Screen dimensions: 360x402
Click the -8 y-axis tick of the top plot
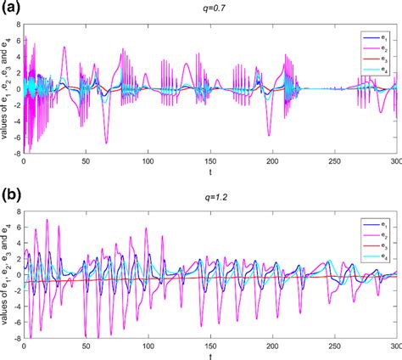tap(17, 151)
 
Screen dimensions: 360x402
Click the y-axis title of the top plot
tap(7, 88)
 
